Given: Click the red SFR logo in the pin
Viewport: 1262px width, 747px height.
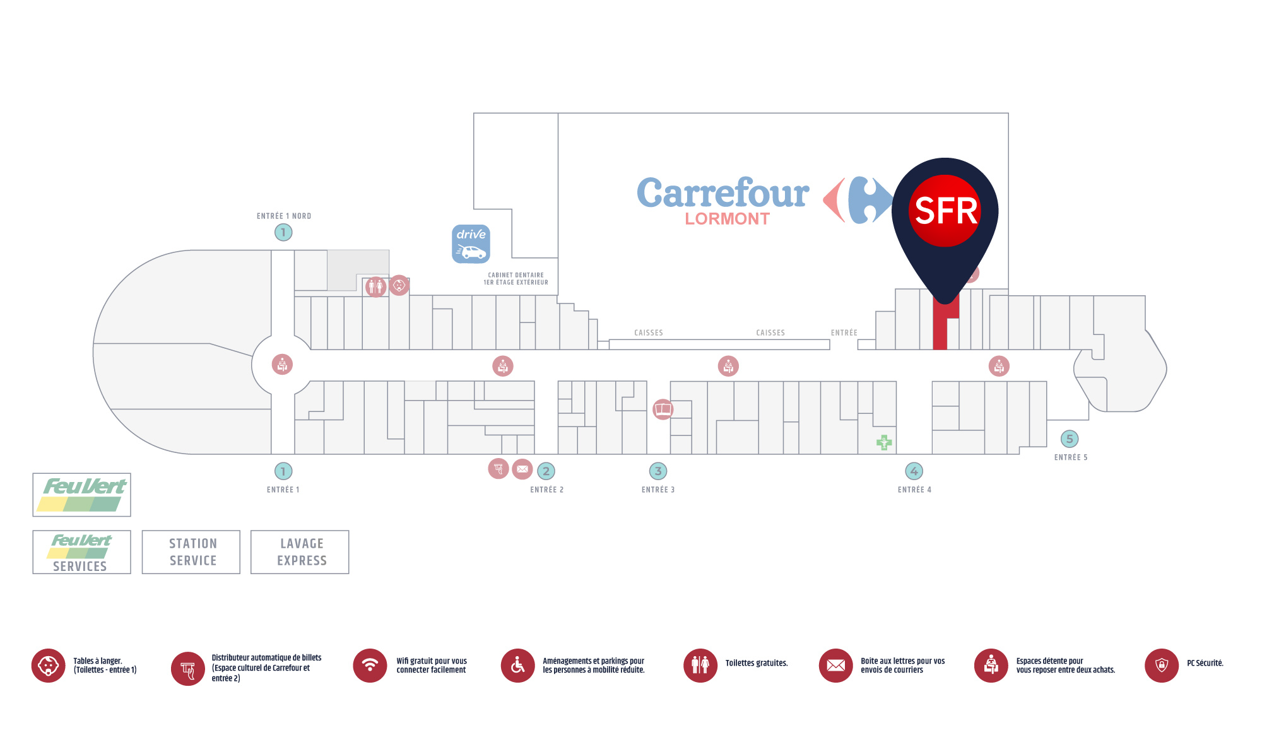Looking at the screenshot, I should [945, 210].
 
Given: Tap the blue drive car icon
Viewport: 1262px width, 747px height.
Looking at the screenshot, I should [471, 244].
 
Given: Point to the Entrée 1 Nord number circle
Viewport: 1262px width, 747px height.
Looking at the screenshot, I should [283, 232].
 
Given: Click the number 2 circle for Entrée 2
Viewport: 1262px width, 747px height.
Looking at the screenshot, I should [546, 471].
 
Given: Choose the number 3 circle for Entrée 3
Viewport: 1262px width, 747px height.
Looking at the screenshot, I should [658, 471].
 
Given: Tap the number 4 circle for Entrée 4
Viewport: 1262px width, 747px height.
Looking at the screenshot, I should [914, 471].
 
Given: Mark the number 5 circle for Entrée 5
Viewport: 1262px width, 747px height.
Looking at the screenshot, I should [1069, 438].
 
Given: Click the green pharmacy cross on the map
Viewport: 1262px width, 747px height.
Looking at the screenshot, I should [884, 442].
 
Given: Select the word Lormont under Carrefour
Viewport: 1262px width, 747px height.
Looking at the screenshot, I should [727, 219].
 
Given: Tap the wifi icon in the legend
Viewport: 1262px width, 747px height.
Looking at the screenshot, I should [370, 666].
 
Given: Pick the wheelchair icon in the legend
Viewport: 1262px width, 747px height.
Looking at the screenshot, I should [517, 666].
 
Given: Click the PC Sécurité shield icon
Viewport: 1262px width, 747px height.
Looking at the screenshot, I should [1162, 666].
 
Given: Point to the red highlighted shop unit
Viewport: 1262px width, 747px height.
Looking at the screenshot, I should [940, 328].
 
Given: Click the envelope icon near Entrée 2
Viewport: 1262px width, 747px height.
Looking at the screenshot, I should [522, 469].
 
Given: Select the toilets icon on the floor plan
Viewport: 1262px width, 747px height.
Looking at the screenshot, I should [375, 287].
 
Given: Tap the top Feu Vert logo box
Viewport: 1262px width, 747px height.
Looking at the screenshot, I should [82, 495].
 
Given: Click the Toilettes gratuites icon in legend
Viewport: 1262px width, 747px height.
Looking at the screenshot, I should [700, 666].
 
